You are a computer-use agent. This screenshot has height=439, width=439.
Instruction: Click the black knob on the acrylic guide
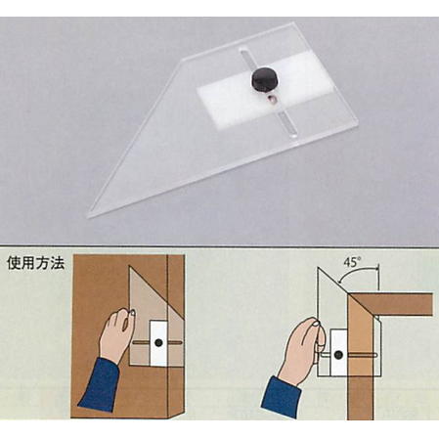(x=263, y=80)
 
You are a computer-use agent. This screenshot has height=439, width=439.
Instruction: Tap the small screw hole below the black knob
(x=272, y=99)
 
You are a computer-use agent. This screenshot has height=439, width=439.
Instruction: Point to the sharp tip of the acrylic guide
(x=88, y=216)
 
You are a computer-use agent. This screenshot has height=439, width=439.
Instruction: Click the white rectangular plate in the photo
(x=266, y=87)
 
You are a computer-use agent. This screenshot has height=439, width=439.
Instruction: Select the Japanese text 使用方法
(x=35, y=263)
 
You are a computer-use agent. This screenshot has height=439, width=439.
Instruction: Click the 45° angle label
(x=351, y=262)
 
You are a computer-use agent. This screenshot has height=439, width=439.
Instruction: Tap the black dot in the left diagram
(x=158, y=342)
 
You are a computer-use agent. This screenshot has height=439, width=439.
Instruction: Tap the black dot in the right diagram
(x=338, y=354)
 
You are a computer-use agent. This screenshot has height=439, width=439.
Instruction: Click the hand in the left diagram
(x=116, y=332)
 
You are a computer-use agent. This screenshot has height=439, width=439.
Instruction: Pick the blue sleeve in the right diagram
(x=281, y=396)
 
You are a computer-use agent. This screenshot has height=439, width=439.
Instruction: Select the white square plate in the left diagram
(x=158, y=343)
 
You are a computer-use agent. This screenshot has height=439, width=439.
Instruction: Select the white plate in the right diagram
(x=338, y=352)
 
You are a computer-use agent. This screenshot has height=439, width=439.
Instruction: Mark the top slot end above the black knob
(x=242, y=51)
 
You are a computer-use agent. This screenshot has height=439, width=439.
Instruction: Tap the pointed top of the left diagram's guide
(x=130, y=267)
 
